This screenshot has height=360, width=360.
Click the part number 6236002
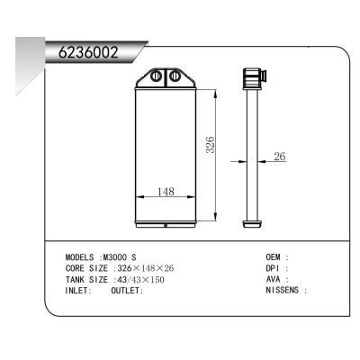[88, 52]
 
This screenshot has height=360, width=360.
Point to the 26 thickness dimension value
[279, 157]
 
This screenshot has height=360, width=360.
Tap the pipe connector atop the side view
[251, 78]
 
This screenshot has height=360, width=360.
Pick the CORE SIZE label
[87, 268]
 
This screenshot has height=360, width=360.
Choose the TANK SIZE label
[87, 280]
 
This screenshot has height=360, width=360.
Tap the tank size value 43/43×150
[142, 280]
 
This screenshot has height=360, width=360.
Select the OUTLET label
[127, 292]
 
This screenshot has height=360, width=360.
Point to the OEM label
[274, 256]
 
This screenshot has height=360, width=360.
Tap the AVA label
[274, 280]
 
